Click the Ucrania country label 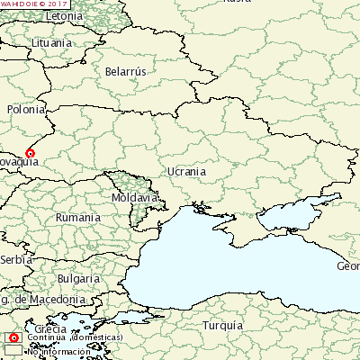pyautogui.click(x=186, y=171)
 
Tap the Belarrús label pyautogui.click(x=125, y=70)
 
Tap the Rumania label pyautogui.click(x=77, y=218)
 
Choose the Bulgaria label pyautogui.click(x=78, y=278)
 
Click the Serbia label pyautogui.click(x=16, y=259)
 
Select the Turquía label pyautogui.click(x=222, y=325)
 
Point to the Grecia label pyautogui.click(x=51, y=329)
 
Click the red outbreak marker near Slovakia pyautogui.click(x=30, y=153)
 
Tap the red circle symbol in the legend pyautogui.click(x=13, y=337)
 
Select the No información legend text pyautogui.click(x=58, y=351)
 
